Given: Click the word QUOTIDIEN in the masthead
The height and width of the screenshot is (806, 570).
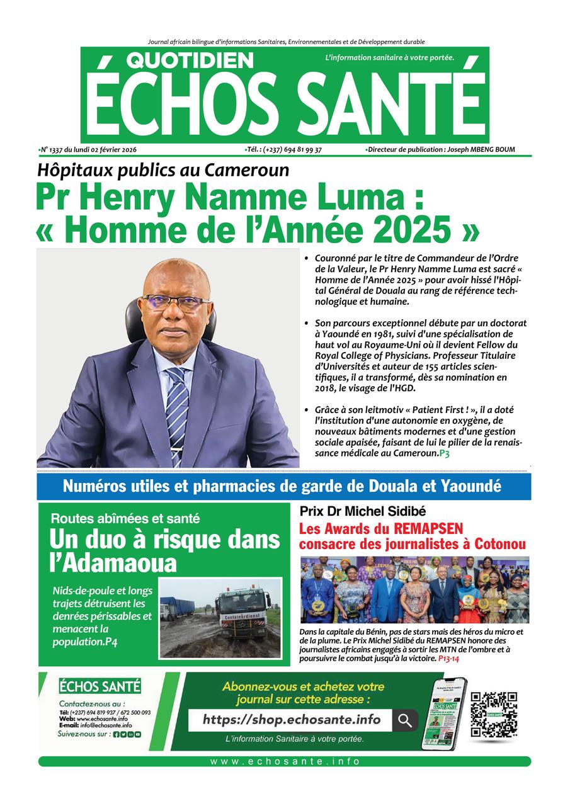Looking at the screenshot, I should [191, 60].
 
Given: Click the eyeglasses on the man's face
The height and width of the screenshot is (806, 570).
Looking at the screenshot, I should [177, 302].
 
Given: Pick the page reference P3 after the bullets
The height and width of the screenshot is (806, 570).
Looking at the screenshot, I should [445, 453].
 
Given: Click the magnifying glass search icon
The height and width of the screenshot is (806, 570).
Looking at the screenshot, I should [405, 720].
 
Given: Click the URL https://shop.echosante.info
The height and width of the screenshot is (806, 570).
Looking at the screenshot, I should [292, 720].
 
